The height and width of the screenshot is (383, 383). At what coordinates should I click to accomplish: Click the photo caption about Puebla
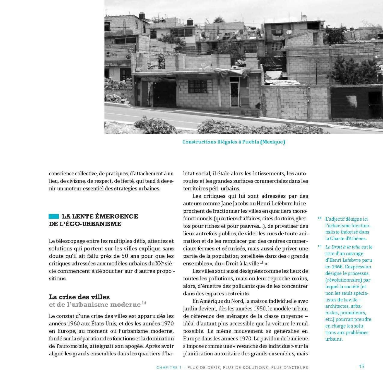point(233,142)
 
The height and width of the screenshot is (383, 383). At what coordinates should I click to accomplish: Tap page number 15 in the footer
point(362,366)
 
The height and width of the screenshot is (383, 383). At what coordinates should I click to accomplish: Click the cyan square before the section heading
point(54,217)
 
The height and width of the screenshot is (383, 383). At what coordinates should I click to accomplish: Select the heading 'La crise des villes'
point(79,297)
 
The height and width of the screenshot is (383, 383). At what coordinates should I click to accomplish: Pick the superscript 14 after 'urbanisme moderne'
point(144,303)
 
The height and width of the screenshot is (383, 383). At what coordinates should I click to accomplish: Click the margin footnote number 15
point(319,246)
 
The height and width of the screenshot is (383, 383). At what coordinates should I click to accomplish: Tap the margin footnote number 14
point(319,218)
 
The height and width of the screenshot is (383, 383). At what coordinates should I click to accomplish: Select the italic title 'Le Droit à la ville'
point(342,247)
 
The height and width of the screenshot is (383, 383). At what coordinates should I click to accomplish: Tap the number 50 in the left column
point(125,256)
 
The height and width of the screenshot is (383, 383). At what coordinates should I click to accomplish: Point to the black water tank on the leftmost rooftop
point(142,16)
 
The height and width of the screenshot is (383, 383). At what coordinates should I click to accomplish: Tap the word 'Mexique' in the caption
point(273,142)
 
